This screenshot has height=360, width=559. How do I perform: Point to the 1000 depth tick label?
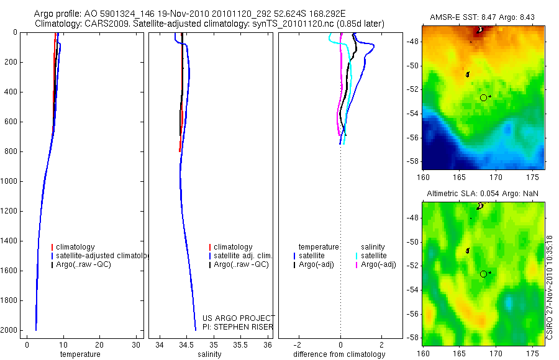point(9,181)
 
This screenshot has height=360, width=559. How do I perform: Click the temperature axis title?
point(80,354)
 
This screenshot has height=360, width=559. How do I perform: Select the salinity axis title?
point(209,354)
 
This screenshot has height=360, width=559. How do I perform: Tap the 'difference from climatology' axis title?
point(339,354)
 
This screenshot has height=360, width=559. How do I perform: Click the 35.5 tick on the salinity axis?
point(240,344)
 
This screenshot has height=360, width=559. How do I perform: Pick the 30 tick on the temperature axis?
point(136,344)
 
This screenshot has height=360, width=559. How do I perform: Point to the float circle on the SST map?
point(484,97)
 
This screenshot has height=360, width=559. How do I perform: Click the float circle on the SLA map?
point(484,274)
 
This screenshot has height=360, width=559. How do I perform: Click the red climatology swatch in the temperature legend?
point(52,247)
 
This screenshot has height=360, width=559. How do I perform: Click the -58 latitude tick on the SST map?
point(414,161)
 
